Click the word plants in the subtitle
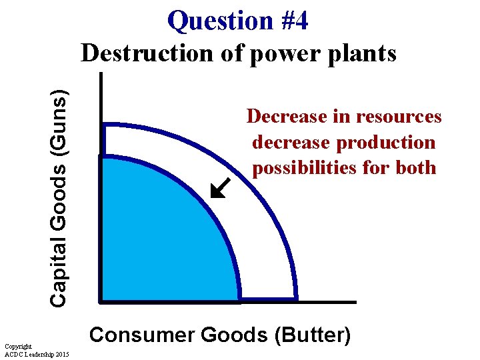coord(363,53)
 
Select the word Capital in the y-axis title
coord(59,273)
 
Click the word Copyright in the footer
coord(17,347)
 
